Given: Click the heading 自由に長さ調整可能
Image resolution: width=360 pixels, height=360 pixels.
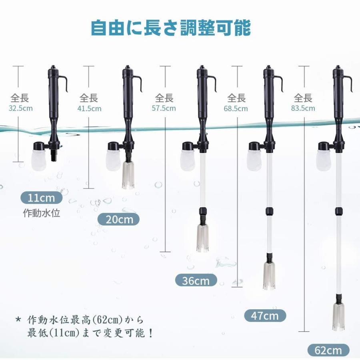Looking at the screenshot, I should click(x=171, y=28).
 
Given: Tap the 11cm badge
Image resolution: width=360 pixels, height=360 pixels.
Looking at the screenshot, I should click(x=42, y=197).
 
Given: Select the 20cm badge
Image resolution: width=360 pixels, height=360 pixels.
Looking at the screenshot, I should click(x=120, y=219).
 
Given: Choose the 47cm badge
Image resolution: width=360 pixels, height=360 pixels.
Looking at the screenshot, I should click(x=265, y=316).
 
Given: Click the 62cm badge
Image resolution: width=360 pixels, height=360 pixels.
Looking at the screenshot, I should click(x=328, y=350).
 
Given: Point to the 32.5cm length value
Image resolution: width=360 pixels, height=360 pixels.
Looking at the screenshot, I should click(x=20, y=108).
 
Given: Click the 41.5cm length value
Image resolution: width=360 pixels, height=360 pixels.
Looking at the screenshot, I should click(x=89, y=108).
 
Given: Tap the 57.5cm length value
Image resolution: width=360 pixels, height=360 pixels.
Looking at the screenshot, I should click(x=164, y=108).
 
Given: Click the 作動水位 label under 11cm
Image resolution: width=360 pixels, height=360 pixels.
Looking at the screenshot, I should click(x=42, y=213).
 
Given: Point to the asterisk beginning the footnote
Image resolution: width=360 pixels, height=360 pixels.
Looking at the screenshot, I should click(x=18, y=320).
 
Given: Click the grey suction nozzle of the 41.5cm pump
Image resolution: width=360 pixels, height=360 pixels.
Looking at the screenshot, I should click(x=128, y=174).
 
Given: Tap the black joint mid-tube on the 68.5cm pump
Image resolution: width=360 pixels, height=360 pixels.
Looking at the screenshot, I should click(x=269, y=211).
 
